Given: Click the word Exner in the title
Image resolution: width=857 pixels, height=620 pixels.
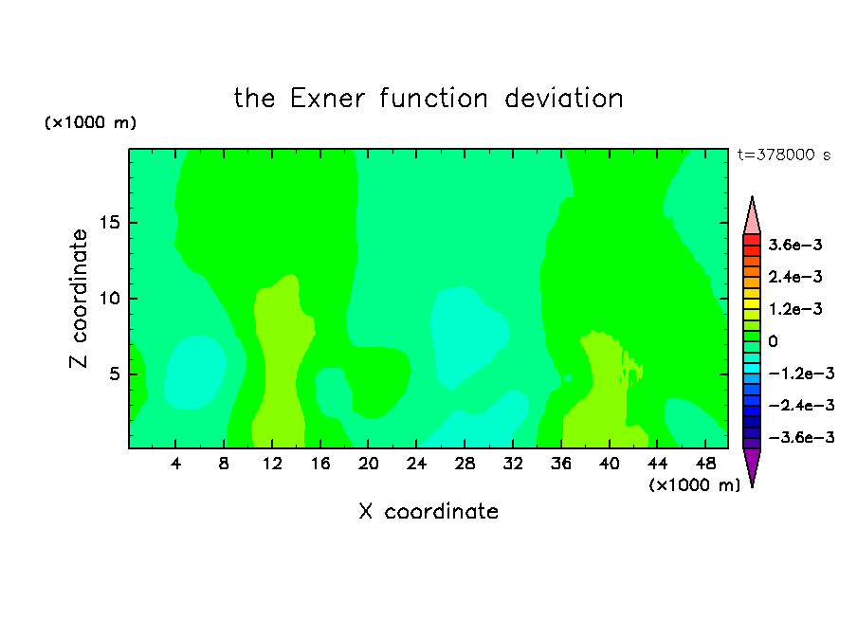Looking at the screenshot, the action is (327, 99).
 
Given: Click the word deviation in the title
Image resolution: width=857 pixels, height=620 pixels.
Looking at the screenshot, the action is (563, 99).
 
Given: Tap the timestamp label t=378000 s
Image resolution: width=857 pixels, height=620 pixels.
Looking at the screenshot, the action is (784, 155).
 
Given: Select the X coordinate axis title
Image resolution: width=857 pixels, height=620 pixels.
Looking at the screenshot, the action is (428, 511).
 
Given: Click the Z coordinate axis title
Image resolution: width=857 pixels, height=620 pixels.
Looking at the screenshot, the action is (78, 299).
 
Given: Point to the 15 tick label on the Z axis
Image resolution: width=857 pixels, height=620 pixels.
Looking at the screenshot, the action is (109, 223).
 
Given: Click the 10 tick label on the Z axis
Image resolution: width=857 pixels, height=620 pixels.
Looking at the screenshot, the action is (109, 299).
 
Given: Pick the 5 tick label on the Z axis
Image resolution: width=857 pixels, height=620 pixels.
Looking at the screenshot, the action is (115, 374).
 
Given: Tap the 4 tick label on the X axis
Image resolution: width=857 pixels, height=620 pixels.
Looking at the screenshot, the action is (175, 464).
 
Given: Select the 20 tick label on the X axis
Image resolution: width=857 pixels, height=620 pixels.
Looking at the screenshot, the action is (368, 464).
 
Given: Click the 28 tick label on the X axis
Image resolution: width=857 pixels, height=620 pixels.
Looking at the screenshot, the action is (465, 464).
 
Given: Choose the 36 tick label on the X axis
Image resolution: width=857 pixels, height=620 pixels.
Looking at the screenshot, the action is (561, 464).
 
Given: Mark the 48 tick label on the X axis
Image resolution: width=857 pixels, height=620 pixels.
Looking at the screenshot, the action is (705, 464).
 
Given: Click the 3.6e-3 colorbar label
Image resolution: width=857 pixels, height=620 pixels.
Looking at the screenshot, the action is (795, 245).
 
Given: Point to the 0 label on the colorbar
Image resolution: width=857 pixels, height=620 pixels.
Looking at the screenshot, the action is (773, 341).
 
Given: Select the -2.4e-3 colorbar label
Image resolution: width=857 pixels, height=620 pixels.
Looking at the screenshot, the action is (801, 405).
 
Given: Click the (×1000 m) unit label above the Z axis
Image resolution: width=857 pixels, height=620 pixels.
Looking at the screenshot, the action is (90, 122).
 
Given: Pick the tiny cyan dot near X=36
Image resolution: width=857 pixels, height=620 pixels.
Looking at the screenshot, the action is (568, 378).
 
